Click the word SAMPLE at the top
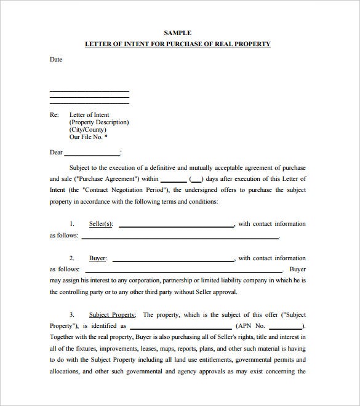178,33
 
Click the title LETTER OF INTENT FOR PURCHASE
177,44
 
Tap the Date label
56,60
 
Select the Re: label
54,114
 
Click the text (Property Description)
99,122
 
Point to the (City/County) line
88,130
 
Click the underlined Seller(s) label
101,224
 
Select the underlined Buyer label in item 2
97,258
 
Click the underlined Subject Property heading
113,314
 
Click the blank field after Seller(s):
177,225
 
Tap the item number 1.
71,224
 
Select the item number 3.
71,314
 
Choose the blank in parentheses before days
196,180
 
